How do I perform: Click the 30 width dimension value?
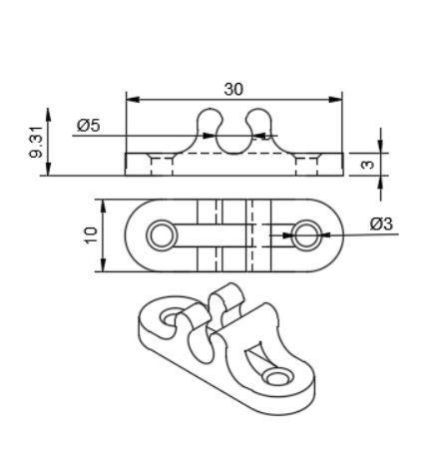pyautogui.click(x=233, y=89)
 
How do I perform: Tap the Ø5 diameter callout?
pyautogui.click(x=88, y=126)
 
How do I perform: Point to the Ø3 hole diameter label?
pyautogui.click(x=380, y=224)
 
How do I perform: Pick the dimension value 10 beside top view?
pyautogui.click(x=91, y=235)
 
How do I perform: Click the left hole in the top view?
pyautogui.click(x=160, y=235)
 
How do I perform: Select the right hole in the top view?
pyautogui.click(x=306, y=235)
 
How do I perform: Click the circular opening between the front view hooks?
pyautogui.click(x=233, y=137)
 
